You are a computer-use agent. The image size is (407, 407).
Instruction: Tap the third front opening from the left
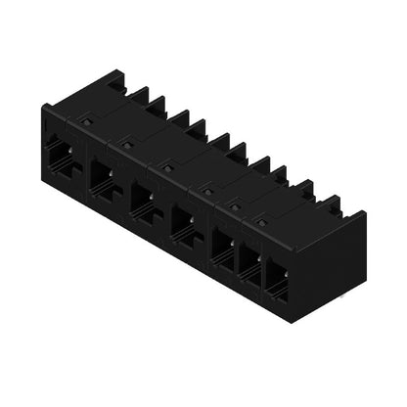(142, 199)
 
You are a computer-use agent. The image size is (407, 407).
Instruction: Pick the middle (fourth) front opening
(184, 222)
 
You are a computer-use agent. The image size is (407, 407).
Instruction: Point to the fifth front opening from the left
(224, 246)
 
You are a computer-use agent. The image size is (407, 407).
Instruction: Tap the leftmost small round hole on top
(86, 121)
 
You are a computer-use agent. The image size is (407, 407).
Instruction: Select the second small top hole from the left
(126, 144)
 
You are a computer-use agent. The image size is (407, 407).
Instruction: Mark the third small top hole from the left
(166, 167)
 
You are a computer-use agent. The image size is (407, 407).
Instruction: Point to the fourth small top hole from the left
(207, 190)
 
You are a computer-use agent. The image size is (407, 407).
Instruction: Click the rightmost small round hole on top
(262, 221)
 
